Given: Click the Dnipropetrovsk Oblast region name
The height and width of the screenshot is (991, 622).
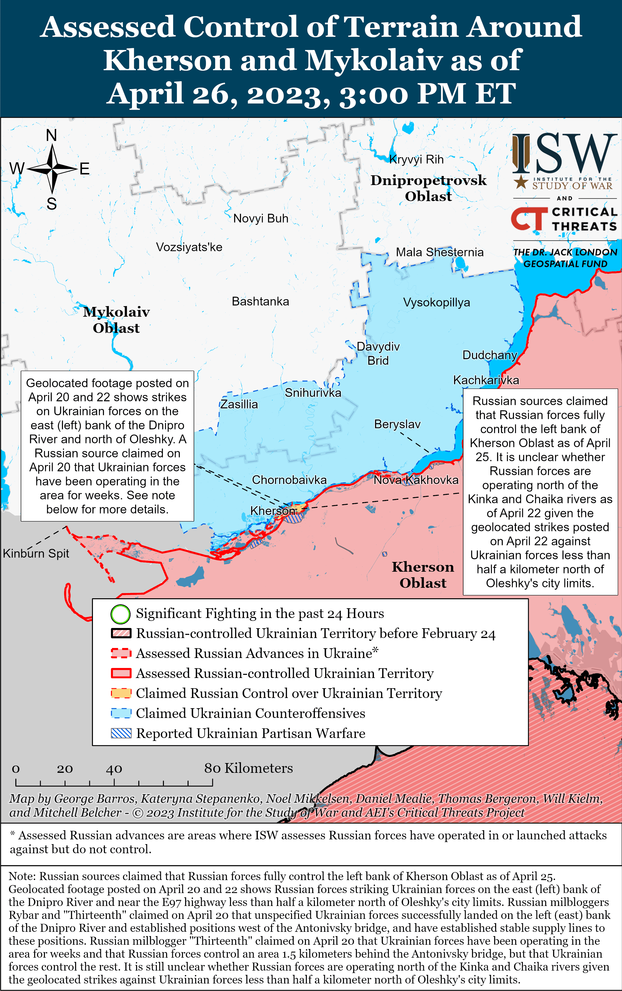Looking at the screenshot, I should (428, 188).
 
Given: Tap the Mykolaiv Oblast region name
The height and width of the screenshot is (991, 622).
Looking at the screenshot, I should (116, 320).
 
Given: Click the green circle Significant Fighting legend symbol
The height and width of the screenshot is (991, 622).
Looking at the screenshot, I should (120, 614).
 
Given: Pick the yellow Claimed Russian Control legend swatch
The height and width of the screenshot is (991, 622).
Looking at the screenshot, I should (121, 693).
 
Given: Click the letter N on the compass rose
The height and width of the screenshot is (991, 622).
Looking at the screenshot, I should (51, 135).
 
